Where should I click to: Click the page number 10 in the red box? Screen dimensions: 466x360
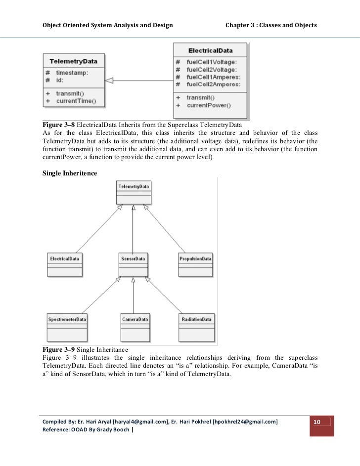tap(317, 422)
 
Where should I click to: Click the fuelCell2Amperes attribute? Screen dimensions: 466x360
tap(214, 85)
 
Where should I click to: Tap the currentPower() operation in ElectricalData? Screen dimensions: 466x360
tap(209, 105)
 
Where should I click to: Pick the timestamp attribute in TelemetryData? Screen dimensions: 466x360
tap(72, 72)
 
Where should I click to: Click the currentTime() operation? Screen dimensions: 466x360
tap(76, 101)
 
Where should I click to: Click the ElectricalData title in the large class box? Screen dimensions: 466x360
tap(211, 50)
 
